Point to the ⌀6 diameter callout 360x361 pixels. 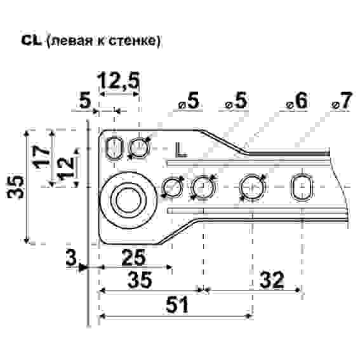tap(297, 102)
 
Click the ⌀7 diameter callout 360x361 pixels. tap(341, 102)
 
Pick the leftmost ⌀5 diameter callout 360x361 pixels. tap(189, 102)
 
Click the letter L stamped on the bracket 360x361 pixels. tap(181, 150)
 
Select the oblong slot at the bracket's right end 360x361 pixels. tap(301, 187)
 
